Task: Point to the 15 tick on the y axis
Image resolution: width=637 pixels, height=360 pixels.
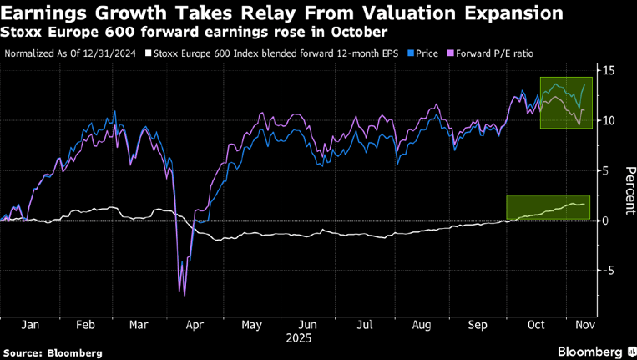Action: pos(609,70)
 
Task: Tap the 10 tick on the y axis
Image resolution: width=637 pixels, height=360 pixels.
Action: pos(609,120)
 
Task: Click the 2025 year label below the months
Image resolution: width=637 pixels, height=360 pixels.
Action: pos(299,339)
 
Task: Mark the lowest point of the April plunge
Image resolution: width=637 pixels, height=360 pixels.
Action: pos(184,295)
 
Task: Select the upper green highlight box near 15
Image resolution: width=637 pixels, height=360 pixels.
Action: pos(566,103)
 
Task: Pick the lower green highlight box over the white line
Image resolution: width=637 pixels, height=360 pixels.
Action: pos(549,208)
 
